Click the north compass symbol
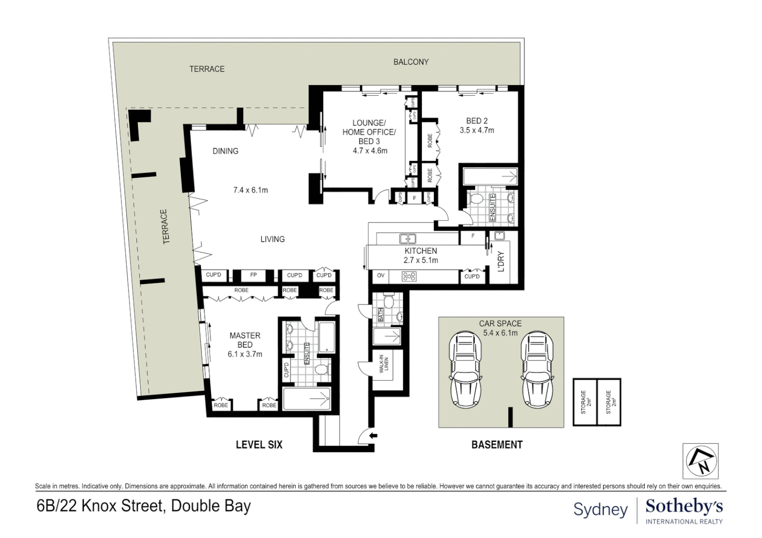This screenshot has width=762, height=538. pyautogui.click(x=700, y=461)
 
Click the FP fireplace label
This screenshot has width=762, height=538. pyautogui.click(x=253, y=275)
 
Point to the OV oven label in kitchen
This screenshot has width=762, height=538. pyautogui.click(x=381, y=275)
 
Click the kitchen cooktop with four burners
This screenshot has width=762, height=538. pyautogui.click(x=409, y=275)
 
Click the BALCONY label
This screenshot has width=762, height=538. pyautogui.click(x=410, y=62)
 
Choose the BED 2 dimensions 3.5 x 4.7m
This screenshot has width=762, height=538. pyautogui.click(x=477, y=131)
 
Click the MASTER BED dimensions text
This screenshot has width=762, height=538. pyautogui.click(x=245, y=354)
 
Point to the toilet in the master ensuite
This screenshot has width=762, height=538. pyautogui.click(x=321, y=370)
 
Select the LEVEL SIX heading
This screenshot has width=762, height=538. pyautogui.click(x=259, y=444)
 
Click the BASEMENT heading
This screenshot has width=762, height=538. pyautogui.click(x=497, y=444)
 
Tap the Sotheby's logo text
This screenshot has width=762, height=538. pyautogui.click(x=684, y=507)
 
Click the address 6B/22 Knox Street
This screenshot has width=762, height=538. pyautogui.click(x=144, y=506)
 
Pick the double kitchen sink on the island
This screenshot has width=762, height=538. pyautogui.click(x=408, y=239)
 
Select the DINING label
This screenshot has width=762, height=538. pyautogui.click(x=225, y=151)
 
